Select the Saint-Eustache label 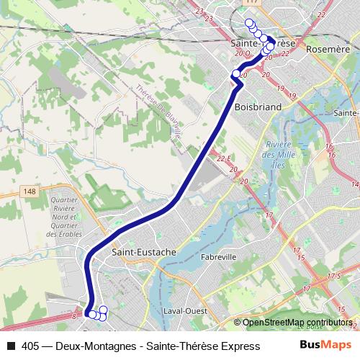[x=140, y=253]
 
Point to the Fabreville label [x=220, y=256]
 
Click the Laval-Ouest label [x=186, y=311]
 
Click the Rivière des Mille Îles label [x=276, y=153]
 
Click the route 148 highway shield [x=29, y=191]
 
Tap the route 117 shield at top [x=251, y=2]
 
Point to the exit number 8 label [x=74, y=316]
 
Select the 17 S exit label [x=333, y=276]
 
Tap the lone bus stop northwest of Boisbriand [x=235, y=73]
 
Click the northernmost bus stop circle [x=249, y=23]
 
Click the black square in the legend [x=10, y=346]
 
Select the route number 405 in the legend [x=30, y=346]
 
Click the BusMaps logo [x=325, y=346]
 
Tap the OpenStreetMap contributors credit [x=297, y=323]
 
